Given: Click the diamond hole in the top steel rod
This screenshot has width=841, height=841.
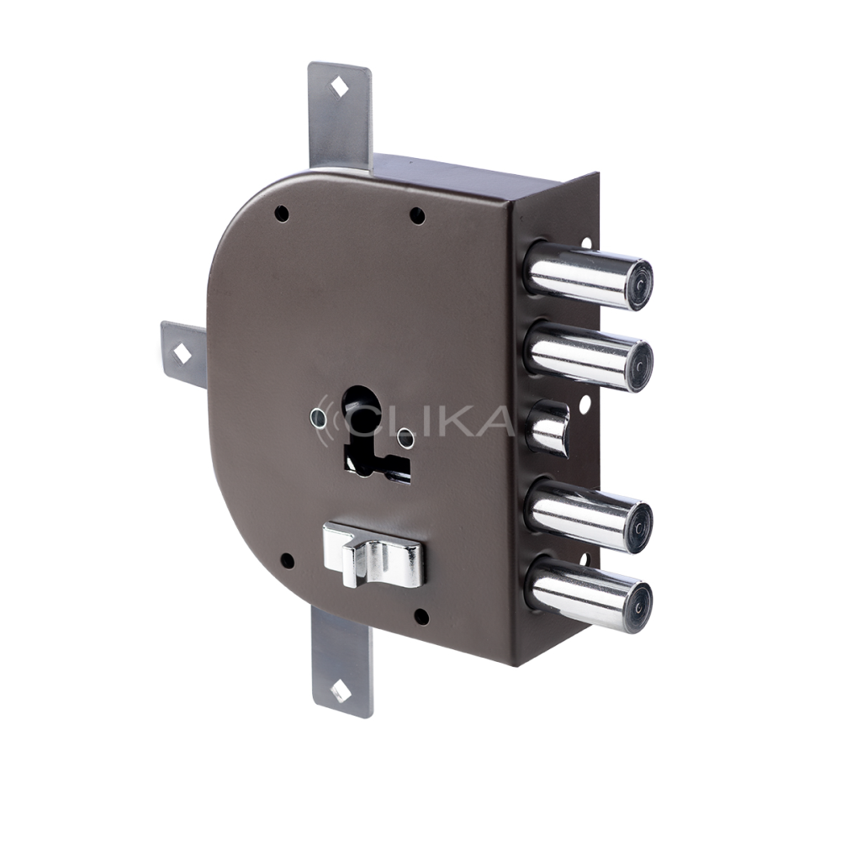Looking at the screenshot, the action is point(339,87).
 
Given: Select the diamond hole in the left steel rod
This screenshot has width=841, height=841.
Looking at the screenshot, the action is point(182,353).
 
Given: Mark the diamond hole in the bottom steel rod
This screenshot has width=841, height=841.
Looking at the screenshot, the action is point(341,691).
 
